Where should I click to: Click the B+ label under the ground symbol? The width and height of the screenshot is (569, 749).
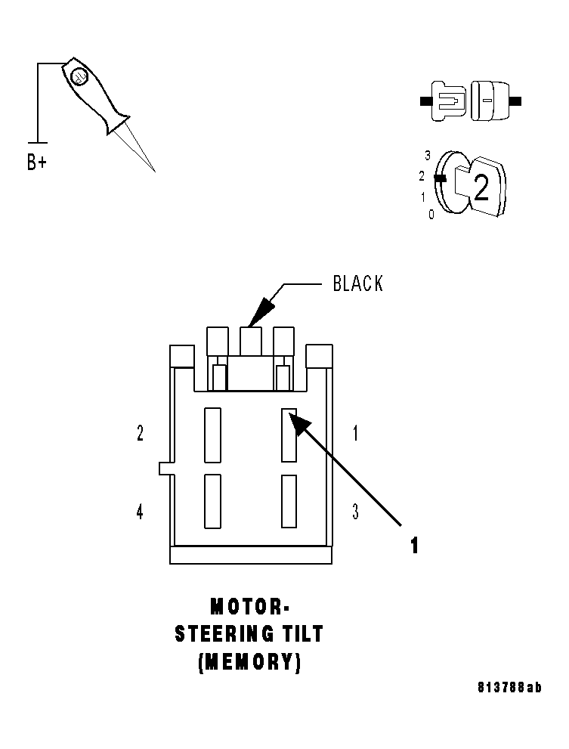[36, 162]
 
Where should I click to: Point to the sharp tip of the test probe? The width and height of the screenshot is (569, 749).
[153, 170]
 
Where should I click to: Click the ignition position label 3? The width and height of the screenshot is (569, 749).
[428, 156]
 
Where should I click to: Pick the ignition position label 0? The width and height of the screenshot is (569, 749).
[431, 215]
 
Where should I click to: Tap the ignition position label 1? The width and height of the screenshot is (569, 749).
[423, 197]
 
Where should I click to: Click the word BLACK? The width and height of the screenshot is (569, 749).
[358, 284]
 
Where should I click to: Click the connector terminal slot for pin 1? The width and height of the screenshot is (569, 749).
[289, 435]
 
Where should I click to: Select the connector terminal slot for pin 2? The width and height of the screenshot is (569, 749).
[212, 435]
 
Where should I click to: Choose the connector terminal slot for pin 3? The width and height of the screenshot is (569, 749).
[289, 500]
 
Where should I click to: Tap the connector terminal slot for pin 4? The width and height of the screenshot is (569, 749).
[212, 500]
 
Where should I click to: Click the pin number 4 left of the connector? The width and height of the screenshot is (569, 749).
[140, 512]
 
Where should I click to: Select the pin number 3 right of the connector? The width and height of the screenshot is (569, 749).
[355, 512]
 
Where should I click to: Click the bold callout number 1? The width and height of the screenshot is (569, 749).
[414, 546]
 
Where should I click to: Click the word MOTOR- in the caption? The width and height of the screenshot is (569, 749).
[249, 606]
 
